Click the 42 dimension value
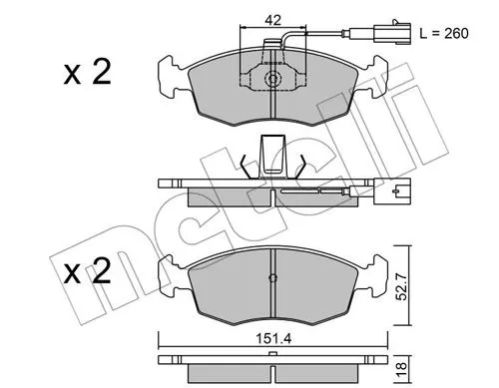[272, 20]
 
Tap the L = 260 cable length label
[444, 33]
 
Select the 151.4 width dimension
[273, 339]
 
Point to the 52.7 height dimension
[402, 286]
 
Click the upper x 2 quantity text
[87, 72]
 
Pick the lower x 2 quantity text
[87, 271]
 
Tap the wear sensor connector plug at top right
[392, 32]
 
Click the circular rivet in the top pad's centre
[273, 79]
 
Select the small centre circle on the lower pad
[272, 277]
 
